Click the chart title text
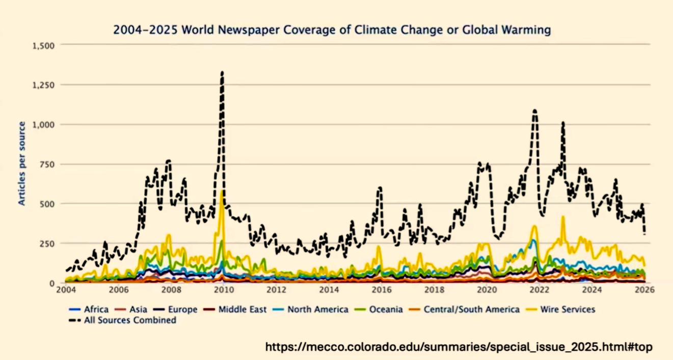coord(332,30)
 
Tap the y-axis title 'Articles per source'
coord(22,163)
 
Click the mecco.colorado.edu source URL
coord(459,347)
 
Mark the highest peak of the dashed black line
coord(222,73)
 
